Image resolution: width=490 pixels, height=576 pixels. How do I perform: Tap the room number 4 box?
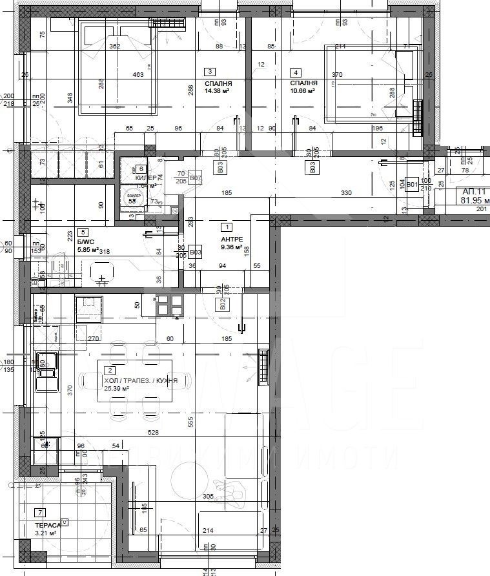[296, 72]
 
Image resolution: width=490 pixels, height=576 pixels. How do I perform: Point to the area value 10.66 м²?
[302, 92]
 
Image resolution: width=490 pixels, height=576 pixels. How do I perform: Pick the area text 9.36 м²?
[230, 247]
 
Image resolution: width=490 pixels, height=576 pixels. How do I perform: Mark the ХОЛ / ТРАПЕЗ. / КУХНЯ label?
[141, 381]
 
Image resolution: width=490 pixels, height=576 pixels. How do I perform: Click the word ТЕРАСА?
[48, 525]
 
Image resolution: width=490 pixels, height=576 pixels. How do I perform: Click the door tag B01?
[413, 185]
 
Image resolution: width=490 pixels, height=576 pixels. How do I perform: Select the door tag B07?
[196, 178]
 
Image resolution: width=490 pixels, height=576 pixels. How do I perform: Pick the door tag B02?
[222, 303]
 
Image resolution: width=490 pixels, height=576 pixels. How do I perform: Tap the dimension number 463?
[138, 76]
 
